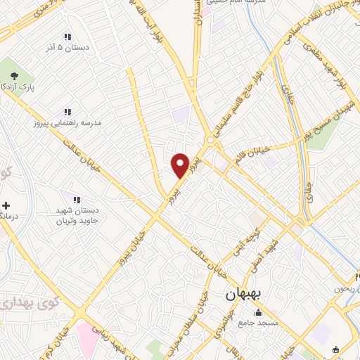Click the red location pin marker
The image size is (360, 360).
(181, 166)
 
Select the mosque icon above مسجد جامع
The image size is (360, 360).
(258, 313)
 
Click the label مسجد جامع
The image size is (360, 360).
(258, 323)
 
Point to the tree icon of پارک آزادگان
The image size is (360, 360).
(11, 73)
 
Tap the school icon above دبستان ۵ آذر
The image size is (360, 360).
(67, 37)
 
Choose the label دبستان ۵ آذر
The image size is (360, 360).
(67, 48)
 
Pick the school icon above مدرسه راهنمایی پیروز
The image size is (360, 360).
(67, 112)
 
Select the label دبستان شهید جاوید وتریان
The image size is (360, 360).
(79, 216)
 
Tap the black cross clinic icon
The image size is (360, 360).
(6, 205)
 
